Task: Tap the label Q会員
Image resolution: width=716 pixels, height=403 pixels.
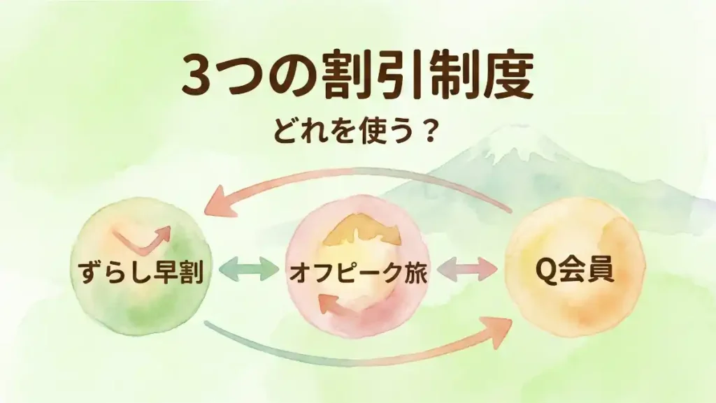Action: click(574, 270)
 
